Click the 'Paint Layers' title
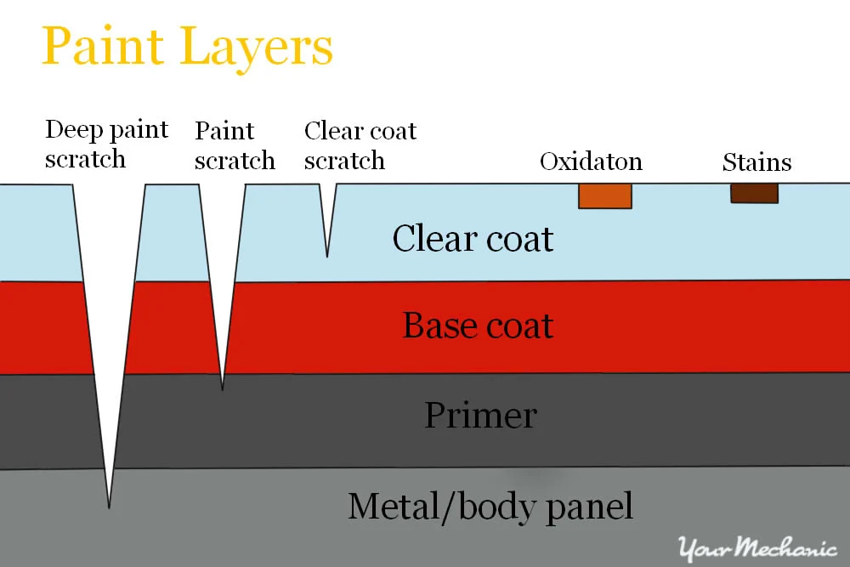[187, 48]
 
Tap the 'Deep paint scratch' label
[106, 145]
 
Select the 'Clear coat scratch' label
[360, 145]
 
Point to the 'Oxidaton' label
[591, 162]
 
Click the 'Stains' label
[756, 162]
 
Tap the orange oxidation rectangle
[605, 196]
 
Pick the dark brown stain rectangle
[754, 194]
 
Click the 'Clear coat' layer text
[473, 239]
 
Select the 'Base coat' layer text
[478, 326]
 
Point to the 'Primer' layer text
[480, 416]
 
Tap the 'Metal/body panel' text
[490, 507]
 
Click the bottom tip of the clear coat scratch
[327, 256]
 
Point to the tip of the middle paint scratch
[223, 389]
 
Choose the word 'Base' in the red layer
[434, 326]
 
